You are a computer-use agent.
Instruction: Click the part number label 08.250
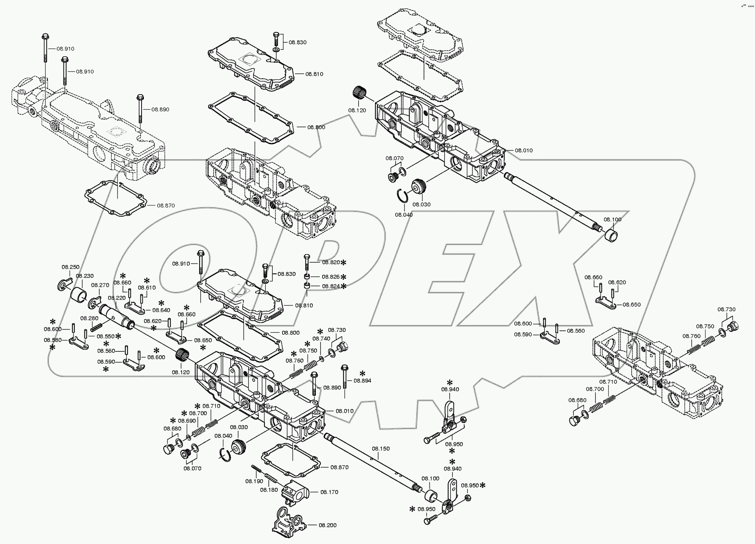click(x=70, y=267)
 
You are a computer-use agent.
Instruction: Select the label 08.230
click(x=84, y=276)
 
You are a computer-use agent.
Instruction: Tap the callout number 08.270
click(x=100, y=285)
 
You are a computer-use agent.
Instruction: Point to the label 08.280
click(x=89, y=318)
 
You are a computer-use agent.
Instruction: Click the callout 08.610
click(x=147, y=288)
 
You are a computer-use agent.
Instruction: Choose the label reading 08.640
click(x=161, y=310)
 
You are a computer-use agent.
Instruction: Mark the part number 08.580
click(x=53, y=340)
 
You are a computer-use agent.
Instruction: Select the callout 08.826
click(x=331, y=277)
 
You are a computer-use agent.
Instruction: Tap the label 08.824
click(x=331, y=286)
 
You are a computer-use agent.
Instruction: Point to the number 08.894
click(x=362, y=381)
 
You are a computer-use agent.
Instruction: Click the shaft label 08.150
click(x=380, y=449)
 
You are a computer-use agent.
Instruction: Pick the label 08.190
click(x=254, y=481)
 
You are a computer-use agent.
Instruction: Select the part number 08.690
click(x=187, y=421)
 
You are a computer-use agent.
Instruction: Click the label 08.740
click(x=321, y=339)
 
